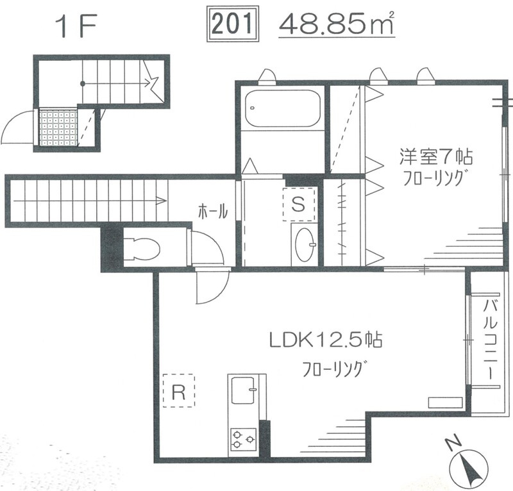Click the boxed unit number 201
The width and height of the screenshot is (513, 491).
[x=233, y=24]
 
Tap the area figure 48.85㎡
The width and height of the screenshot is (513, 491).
[x=336, y=24]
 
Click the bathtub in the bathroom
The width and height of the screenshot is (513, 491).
[x=282, y=108]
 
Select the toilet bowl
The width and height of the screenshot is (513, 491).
[x=142, y=249]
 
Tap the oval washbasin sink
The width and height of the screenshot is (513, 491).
[x=304, y=245]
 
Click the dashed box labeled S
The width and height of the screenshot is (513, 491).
[x=299, y=204]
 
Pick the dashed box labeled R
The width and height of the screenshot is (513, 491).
[x=179, y=390]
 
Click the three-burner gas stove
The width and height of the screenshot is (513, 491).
[x=243, y=440]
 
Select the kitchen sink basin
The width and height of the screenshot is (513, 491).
[x=243, y=390]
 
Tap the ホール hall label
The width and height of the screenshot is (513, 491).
[x=213, y=212]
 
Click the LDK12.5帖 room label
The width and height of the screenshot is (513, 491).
[x=326, y=340]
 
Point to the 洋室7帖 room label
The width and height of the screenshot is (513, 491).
[x=435, y=156]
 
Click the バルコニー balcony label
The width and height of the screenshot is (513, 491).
[x=491, y=340]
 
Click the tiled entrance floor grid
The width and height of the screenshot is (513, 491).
[x=58, y=128]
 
